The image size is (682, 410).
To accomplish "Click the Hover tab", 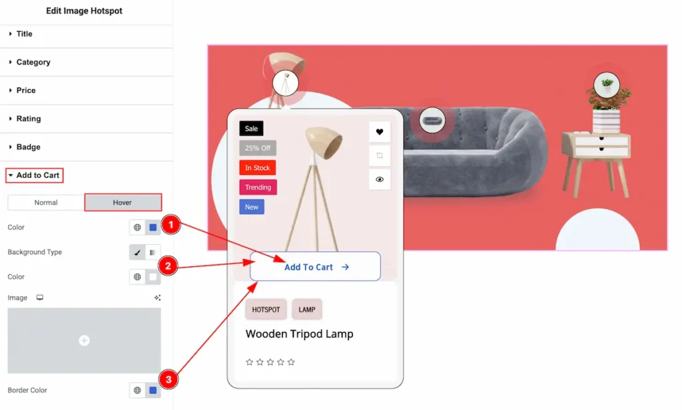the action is click(x=123, y=202).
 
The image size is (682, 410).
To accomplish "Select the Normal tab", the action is click(x=46, y=202).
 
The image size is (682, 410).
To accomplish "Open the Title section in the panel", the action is click(x=25, y=34).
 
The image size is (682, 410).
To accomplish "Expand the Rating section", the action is click(x=28, y=118).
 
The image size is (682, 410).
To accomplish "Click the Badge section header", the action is click(x=28, y=147).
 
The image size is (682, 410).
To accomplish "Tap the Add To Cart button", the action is click(x=315, y=266).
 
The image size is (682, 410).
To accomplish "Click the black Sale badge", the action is click(x=251, y=128).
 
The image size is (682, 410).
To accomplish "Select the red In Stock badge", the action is click(x=257, y=168).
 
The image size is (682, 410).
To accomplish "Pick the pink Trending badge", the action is click(x=258, y=188).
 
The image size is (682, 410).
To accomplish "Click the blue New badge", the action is click(x=251, y=207).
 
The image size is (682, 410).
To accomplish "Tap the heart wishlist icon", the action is click(x=380, y=132).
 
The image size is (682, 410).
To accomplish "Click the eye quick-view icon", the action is click(x=380, y=179).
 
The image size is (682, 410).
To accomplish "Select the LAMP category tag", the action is click(x=306, y=309).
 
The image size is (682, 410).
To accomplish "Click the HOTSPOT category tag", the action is click(x=266, y=309).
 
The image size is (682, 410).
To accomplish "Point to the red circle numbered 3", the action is click(x=169, y=379).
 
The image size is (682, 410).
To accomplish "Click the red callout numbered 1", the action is click(x=171, y=224).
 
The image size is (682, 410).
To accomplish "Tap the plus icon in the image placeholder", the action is click(x=85, y=340).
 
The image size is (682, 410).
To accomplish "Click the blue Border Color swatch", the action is click(x=153, y=391).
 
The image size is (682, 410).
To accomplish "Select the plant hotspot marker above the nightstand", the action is click(x=607, y=85).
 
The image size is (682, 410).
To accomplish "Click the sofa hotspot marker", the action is click(x=432, y=120).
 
